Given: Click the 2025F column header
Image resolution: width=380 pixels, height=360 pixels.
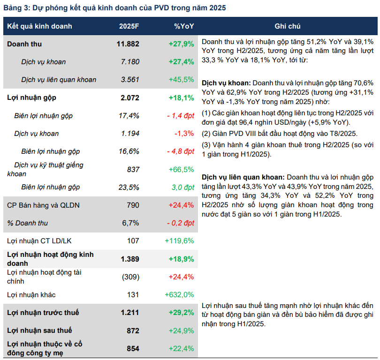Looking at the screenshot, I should pyautogui.click(x=129, y=26).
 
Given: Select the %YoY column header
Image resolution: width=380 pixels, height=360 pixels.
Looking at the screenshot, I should pyautogui.click(x=184, y=26).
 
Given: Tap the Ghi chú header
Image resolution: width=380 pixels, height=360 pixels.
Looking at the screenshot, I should pyautogui.click(x=288, y=26).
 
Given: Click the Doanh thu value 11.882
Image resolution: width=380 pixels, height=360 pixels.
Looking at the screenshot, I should pyautogui.click(x=128, y=44).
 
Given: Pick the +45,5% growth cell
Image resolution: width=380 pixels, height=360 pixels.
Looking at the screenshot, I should pyautogui.click(x=181, y=80).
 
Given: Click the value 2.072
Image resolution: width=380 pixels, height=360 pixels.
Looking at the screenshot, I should pyautogui.click(x=130, y=98).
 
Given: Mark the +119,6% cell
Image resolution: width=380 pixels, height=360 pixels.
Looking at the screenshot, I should pyautogui.click(x=179, y=241).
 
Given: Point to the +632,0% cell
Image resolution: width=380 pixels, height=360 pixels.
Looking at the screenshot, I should pyautogui.click(x=179, y=295).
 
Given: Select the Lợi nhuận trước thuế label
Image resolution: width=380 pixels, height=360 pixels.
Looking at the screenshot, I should pyautogui.click(x=43, y=313).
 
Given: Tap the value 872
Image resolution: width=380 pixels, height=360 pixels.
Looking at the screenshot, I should pyautogui.click(x=133, y=330).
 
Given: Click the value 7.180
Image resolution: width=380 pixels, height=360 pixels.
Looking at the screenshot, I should pyautogui.click(x=130, y=62).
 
